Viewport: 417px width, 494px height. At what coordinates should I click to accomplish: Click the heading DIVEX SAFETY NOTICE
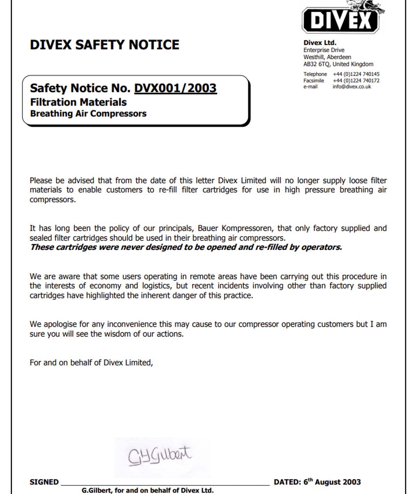coord(104,45)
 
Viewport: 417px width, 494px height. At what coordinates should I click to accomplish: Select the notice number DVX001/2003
coord(175,88)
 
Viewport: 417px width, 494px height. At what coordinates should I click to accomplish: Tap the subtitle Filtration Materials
coord(78,102)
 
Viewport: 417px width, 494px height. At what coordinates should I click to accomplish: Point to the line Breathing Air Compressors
coord(88,114)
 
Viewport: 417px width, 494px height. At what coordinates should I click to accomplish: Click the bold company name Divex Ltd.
coord(320,43)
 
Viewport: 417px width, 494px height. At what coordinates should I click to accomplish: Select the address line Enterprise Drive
coord(324,50)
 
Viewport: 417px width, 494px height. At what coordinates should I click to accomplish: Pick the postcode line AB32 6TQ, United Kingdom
coord(338,64)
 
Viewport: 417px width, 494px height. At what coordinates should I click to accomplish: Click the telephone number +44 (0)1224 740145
coord(356,74)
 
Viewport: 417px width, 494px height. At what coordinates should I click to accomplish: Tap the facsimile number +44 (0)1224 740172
coord(356,81)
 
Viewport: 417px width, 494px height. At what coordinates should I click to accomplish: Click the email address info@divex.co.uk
coord(351,87)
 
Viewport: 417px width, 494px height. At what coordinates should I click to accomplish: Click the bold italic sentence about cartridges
coord(186,247)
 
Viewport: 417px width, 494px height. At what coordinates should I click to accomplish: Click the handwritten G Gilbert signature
coord(160,455)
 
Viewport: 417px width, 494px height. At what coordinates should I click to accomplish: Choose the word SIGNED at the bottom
coord(44,482)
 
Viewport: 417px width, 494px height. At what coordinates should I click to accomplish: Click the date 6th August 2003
coord(332,482)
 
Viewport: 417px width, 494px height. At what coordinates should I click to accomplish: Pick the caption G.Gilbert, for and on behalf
coord(147,491)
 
